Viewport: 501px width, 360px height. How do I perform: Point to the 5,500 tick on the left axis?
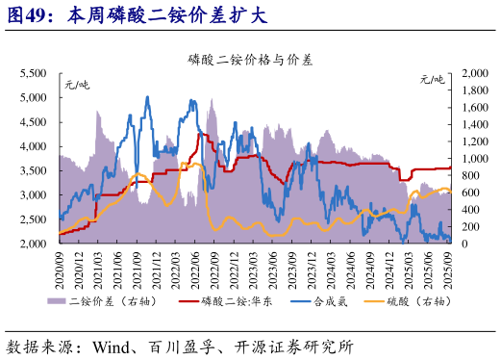click(35, 73)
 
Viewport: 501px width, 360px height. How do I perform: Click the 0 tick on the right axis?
click(466, 244)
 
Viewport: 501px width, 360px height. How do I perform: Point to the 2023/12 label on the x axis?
click(312, 267)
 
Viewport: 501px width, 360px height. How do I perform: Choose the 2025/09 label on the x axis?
click(448, 267)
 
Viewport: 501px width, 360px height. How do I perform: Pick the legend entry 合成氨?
click(330, 301)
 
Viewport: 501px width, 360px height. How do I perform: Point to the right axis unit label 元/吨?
click(433, 80)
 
